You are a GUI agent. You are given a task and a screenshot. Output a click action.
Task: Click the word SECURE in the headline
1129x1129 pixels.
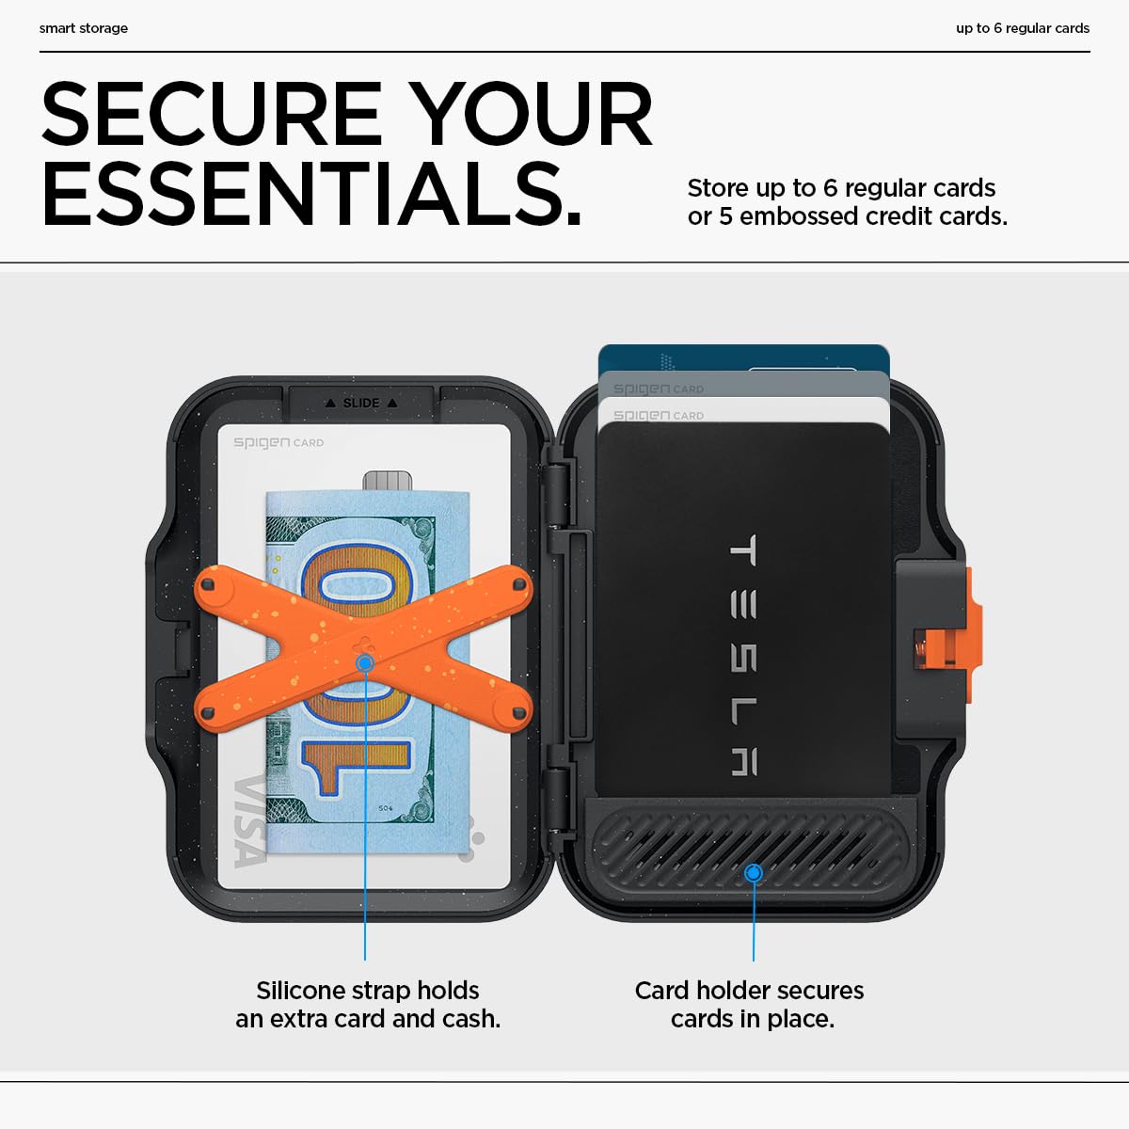(211, 115)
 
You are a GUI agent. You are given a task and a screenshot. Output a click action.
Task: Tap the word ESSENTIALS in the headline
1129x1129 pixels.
(311, 195)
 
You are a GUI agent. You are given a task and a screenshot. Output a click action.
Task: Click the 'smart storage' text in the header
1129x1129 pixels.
(84, 28)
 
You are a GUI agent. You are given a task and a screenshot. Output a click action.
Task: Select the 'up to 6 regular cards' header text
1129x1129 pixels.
(1022, 28)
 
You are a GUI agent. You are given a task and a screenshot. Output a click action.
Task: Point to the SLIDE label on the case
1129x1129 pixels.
(361, 403)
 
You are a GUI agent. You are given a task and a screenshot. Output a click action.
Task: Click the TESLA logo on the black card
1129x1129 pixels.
(743, 655)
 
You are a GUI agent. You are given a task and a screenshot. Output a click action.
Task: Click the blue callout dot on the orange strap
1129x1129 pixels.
(365, 663)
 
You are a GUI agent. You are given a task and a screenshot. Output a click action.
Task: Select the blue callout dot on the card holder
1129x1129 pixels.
(753, 873)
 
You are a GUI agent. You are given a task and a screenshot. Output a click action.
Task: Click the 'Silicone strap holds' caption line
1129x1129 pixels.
(368, 990)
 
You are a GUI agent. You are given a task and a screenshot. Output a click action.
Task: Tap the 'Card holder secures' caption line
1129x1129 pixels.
(749, 990)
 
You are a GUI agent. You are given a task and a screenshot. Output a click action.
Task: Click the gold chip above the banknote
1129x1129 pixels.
(387, 481)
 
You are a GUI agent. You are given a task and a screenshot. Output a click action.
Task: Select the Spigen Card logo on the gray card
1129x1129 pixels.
(658, 389)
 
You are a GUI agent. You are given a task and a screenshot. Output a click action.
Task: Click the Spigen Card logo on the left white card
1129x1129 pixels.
(278, 442)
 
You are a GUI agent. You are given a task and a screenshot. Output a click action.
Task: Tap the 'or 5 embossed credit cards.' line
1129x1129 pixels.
(847, 216)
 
